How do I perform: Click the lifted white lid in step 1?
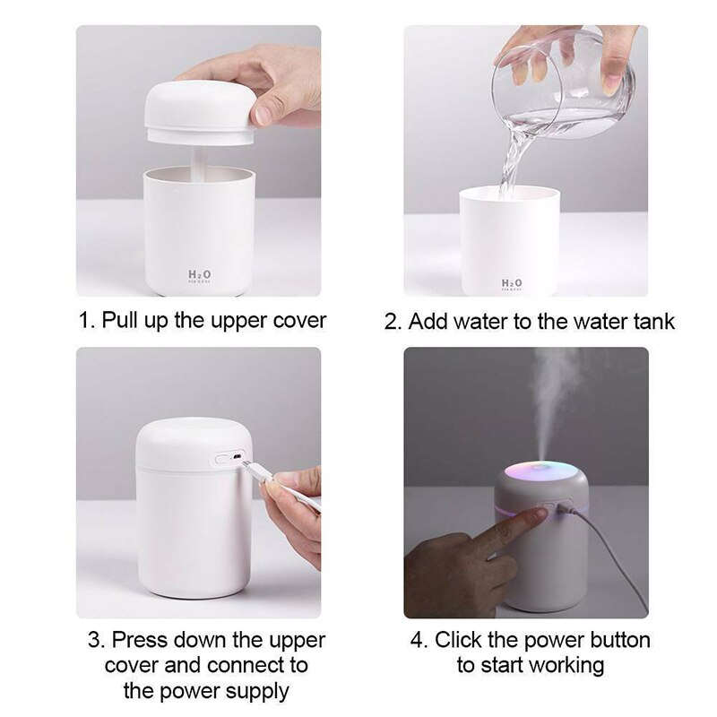pyautogui.click(x=200, y=112)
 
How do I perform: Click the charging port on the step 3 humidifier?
pyautogui.click(x=234, y=458)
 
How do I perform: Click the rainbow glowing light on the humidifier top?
pyautogui.click(x=536, y=473)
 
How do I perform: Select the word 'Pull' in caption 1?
pyautogui.click(x=119, y=320)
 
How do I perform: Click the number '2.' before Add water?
pyautogui.click(x=393, y=320)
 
